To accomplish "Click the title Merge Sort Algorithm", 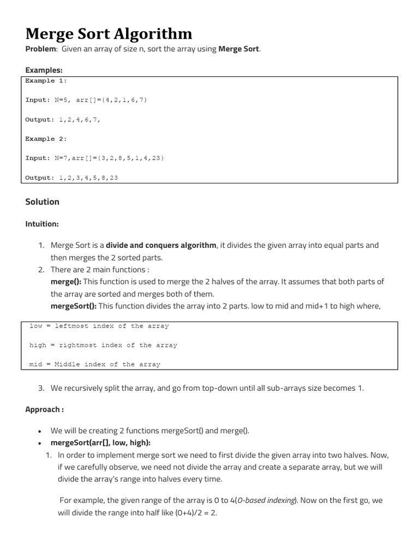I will pos(109,34).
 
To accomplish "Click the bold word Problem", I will pos(40,50).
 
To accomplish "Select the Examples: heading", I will pos(44,70).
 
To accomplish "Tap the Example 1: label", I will pos(46,81).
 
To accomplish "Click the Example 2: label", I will pos(46,139).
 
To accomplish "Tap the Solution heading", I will pos(42,202).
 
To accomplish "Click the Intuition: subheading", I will pos(42,224).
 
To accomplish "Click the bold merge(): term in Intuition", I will pos(65,282).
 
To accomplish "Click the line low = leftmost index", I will pos(99,326).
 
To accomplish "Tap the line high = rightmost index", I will pos(103,345).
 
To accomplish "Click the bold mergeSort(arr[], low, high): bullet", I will pos(100,443).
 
